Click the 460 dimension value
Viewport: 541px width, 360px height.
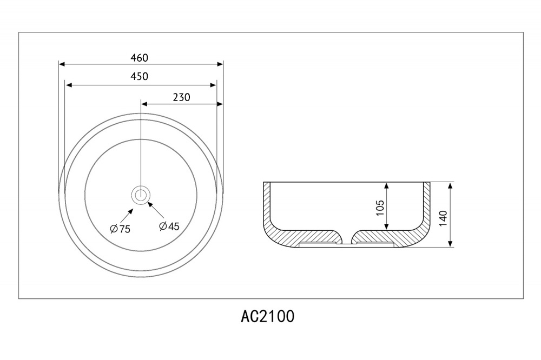coord(140,58)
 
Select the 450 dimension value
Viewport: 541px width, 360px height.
coord(140,76)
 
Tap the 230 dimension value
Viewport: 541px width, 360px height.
coord(181,97)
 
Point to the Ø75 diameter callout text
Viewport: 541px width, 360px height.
coord(120,229)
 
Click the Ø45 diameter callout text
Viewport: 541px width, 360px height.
coord(169,226)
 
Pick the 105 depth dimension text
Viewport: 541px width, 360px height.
coord(380,208)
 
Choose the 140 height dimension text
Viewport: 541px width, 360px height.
coord(444,218)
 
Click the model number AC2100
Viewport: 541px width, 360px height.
coord(268,316)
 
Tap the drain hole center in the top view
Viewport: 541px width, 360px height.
coord(141,195)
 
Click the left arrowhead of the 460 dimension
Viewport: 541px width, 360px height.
coord(62,64)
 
